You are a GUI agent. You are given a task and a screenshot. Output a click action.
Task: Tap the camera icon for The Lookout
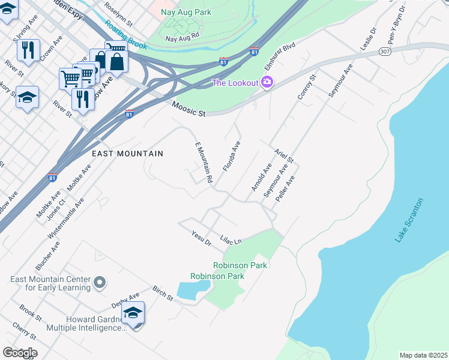point(267,83)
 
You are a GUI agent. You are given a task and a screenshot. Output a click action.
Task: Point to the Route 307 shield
point(385,52)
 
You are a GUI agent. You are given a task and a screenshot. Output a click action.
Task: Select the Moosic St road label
point(188,109)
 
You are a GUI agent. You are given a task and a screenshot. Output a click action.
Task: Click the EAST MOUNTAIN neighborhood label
point(127,154)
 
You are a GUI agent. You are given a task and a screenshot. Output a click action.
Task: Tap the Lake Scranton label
point(409,220)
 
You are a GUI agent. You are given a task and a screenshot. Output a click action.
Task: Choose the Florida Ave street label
point(232,156)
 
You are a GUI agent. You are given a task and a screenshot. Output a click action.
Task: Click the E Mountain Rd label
point(204,163)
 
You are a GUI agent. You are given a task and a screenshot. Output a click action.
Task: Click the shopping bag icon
point(116,61)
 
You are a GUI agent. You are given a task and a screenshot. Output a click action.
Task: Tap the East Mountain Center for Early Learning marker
point(100,281)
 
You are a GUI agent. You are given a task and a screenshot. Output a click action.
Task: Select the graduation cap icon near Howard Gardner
point(133,313)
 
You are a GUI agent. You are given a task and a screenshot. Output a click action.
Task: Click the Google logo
point(20,353)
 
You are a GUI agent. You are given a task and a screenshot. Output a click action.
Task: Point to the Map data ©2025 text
point(423,355)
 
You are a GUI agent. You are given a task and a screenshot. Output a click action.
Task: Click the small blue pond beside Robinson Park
point(192,291)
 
